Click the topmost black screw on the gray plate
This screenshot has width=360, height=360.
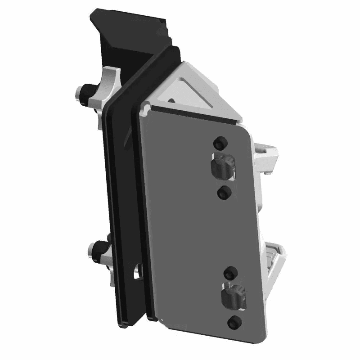pyautogui.click(x=220, y=143)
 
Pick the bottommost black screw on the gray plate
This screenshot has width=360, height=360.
pyautogui.click(x=234, y=322)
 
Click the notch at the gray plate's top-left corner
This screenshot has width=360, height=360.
pyautogui.click(x=145, y=108)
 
